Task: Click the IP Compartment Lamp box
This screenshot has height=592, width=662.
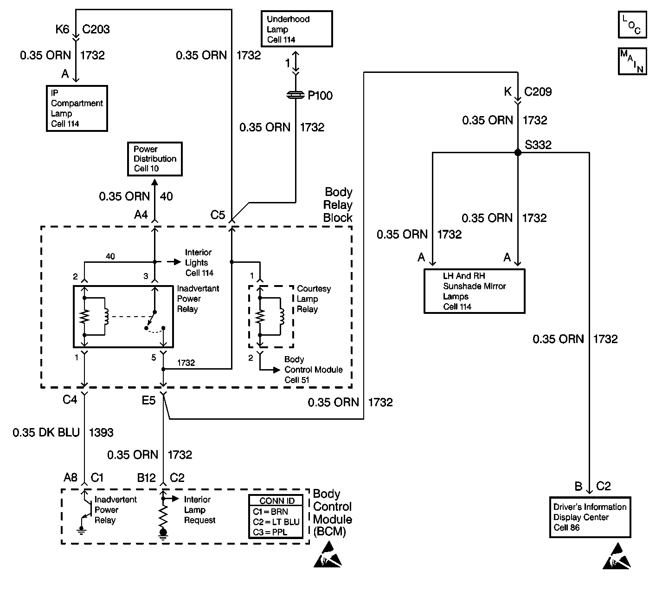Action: (77, 108)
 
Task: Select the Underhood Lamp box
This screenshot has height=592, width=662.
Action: (296, 29)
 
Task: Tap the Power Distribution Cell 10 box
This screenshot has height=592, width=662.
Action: (155, 159)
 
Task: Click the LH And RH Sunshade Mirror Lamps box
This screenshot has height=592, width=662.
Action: (474, 291)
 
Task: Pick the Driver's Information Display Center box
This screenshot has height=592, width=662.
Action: (590, 517)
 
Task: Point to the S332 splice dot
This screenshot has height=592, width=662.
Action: (518, 152)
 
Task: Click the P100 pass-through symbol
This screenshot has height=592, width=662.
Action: (296, 95)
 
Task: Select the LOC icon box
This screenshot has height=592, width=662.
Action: (632, 25)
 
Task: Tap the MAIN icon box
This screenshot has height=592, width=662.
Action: (632, 61)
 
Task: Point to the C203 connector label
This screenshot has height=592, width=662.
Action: (96, 30)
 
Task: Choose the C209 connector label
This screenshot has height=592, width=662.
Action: (538, 92)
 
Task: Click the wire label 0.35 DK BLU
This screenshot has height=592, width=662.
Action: (46, 433)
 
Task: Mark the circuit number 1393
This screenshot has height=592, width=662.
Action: (101, 433)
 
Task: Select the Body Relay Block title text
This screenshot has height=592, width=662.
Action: (338, 205)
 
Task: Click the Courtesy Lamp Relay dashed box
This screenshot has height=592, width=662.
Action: (271, 316)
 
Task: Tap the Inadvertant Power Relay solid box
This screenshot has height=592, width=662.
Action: (123, 317)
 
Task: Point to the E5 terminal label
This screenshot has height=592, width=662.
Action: (148, 400)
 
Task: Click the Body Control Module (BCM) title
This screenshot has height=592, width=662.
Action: (332, 513)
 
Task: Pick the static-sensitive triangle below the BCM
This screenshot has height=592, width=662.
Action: (328, 555)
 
